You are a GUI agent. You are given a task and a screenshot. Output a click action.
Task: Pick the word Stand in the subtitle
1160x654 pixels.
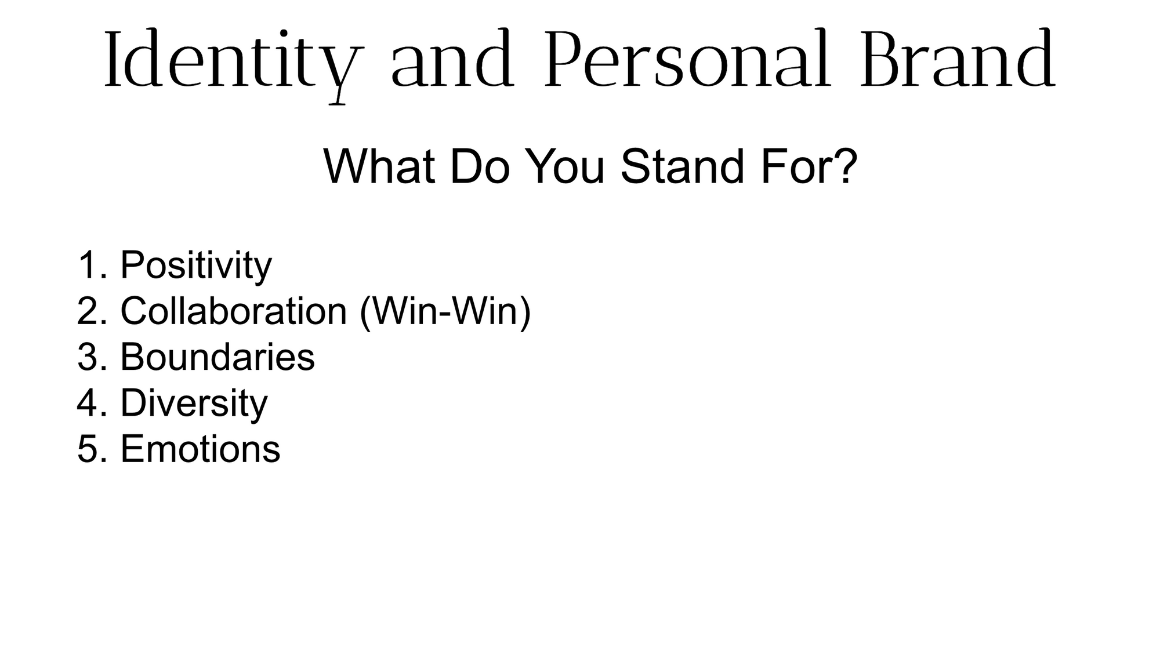682,167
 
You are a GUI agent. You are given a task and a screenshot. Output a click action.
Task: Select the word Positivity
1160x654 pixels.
196,266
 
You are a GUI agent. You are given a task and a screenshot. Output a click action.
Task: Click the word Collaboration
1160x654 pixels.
234,311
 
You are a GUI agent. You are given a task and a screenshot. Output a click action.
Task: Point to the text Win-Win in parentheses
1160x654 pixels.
445,311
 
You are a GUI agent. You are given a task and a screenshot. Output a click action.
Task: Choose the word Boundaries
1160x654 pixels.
217,357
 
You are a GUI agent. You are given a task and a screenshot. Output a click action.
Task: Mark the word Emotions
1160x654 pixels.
200,449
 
